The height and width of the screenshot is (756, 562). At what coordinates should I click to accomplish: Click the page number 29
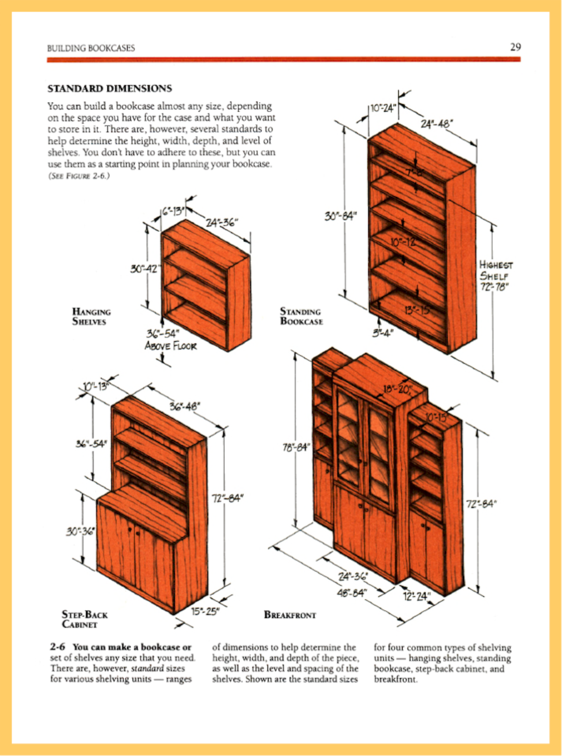515,47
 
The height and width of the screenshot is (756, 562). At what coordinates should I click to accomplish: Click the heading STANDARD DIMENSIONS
110,88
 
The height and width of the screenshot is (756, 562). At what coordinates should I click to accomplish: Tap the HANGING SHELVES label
91,317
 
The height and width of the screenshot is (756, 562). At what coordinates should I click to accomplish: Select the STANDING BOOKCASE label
301,316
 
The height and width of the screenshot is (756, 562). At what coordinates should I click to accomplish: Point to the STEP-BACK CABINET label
84,619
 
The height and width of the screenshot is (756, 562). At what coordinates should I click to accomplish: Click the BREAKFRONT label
290,615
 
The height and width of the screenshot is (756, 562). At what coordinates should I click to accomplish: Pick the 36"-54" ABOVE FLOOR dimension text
170,340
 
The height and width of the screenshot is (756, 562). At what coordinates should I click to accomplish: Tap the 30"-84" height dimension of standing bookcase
341,216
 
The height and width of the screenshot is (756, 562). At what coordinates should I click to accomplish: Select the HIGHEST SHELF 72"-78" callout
495,275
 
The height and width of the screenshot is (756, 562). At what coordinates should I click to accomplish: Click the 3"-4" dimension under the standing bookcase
383,333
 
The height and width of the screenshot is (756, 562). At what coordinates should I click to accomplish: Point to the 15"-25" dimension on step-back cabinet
205,611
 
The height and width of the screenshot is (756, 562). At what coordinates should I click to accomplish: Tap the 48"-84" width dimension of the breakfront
352,592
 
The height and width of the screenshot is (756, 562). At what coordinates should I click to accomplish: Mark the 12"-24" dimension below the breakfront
417,596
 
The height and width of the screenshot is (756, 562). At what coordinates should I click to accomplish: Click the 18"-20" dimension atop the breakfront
398,389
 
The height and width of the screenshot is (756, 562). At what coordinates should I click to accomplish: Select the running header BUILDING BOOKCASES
91,48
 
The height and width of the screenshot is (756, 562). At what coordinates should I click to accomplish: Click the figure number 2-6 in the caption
57,647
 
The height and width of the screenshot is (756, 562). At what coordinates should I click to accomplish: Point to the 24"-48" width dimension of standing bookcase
437,124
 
